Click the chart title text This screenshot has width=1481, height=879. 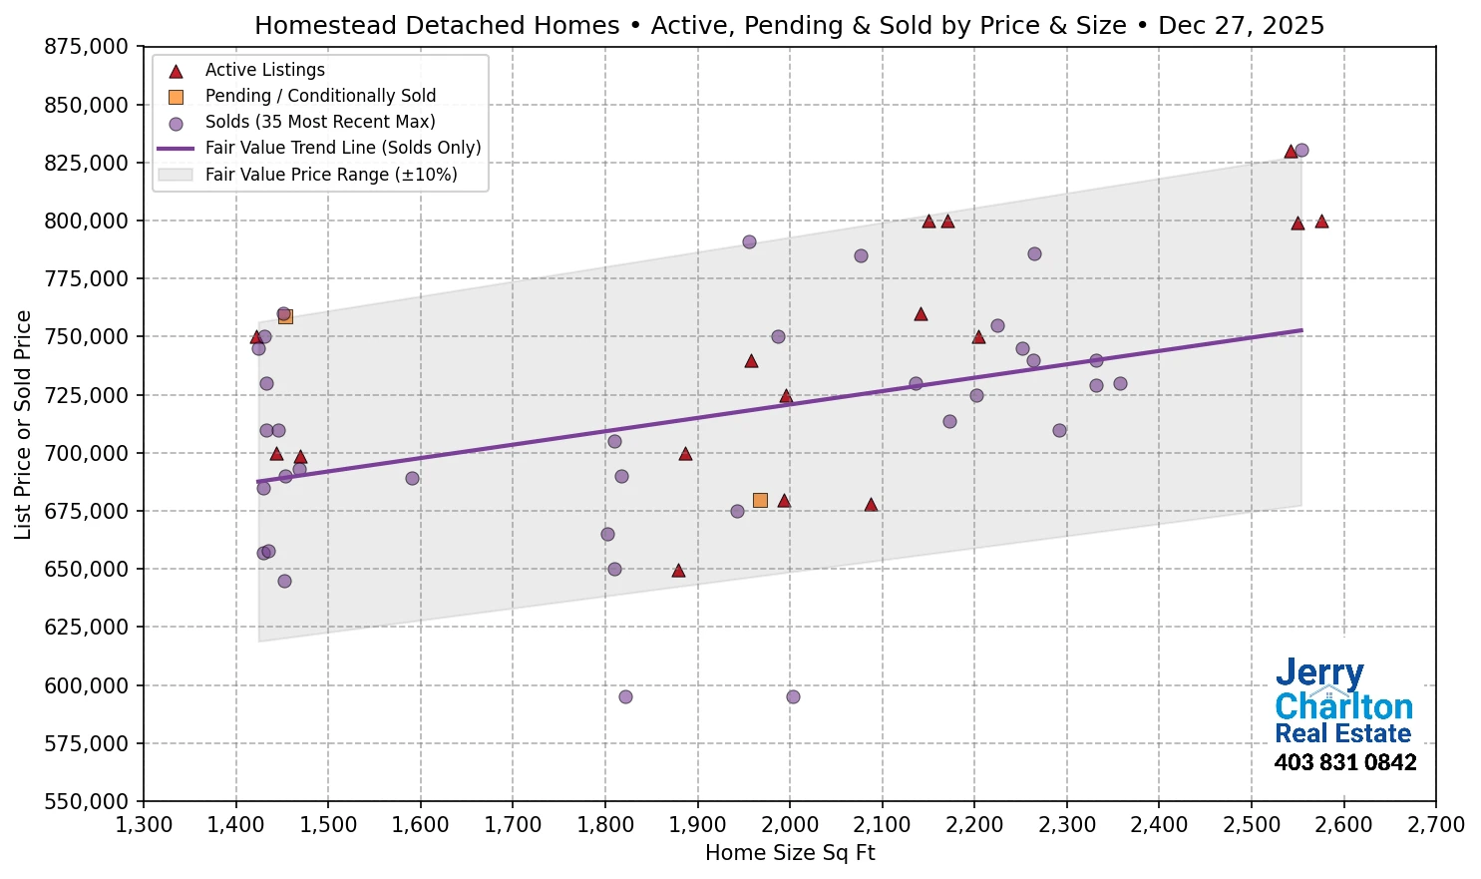tap(789, 25)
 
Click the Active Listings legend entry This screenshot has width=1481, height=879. tap(264, 70)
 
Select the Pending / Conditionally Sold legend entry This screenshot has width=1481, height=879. tap(320, 96)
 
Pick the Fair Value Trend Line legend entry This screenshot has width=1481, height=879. tap(342, 148)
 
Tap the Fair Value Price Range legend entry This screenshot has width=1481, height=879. tap(330, 175)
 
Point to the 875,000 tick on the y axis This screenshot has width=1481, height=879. tap(87, 47)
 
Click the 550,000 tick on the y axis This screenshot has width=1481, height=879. tap(87, 801)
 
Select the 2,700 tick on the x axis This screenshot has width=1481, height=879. tap(1435, 825)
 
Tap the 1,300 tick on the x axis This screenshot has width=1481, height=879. tap(144, 825)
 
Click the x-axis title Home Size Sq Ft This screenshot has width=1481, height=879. tap(789, 853)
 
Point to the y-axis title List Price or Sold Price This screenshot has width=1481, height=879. tap(24, 424)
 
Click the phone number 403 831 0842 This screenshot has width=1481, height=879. tap(1344, 763)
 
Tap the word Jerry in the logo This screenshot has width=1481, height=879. tap(1318, 674)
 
